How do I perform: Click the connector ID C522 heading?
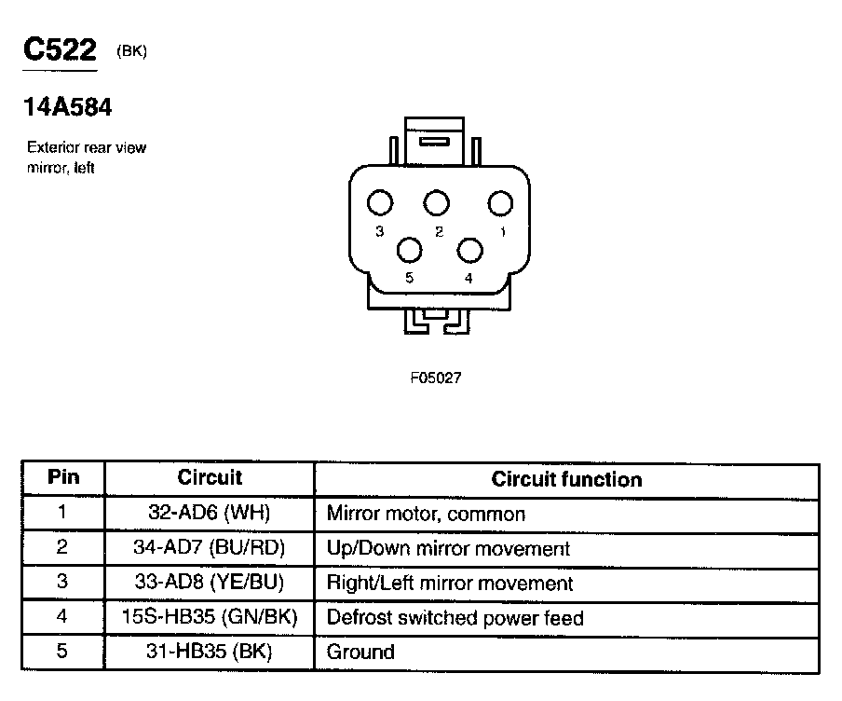click(60, 50)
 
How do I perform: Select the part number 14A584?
click(68, 108)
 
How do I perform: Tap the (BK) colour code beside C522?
click(132, 52)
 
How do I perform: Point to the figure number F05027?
click(436, 378)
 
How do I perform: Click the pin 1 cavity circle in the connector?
click(501, 202)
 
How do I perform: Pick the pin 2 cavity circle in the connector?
click(436, 202)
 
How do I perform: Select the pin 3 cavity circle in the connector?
click(379, 202)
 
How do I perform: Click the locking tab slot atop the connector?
click(435, 143)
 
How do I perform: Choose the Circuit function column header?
click(566, 480)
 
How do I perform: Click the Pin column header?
click(63, 478)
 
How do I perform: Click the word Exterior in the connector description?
click(50, 147)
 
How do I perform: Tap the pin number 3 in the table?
click(62, 583)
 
